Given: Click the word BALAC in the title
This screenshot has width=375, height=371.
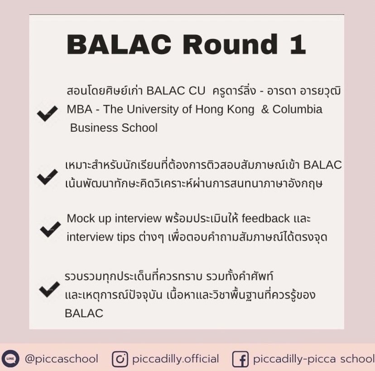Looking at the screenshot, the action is pyautogui.click(x=119, y=44).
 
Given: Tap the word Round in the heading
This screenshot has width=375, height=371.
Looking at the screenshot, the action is pyautogui.click(x=231, y=44).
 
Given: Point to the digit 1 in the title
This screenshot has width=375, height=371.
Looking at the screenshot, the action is pyautogui.click(x=298, y=44).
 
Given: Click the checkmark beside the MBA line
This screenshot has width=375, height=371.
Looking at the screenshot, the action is pyautogui.click(x=48, y=113).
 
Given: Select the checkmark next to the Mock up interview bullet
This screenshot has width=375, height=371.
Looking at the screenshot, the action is pyautogui.click(x=50, y=229).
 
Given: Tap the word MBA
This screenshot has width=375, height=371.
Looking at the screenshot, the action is pyautogui.click(x=79, y=109).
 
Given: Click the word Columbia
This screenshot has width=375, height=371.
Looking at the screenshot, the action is pyautogui.click(x=297, y=109).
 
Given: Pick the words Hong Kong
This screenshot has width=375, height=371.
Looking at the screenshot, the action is pyautogui.click(x=225, y=110).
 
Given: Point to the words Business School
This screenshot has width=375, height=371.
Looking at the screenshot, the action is pyautogui.click(x=114, y=128).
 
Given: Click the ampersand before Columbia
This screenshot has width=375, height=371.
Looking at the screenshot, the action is pyautogui.click(x=265, y=109).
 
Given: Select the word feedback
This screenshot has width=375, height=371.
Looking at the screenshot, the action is pyautogui.click(x=266, y=218).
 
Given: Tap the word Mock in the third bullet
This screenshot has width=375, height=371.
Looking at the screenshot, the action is pyautogui.click(x=81, y=218).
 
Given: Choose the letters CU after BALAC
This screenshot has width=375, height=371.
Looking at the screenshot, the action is pyautogui.click(x=197, y=91).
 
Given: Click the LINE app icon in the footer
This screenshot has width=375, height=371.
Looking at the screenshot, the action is pyautogui.click(x=10, y=358).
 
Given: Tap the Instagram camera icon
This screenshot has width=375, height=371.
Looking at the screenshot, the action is pyautogui.click(x=120, y=359).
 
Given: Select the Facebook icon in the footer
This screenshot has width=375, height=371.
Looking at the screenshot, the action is pyautogui.click(x=240, y=359).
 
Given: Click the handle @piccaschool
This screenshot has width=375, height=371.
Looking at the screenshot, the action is pyautogui.click(x=62, y=359).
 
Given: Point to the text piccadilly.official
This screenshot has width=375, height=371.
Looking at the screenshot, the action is pyautogui.click(x=176, y=359).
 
